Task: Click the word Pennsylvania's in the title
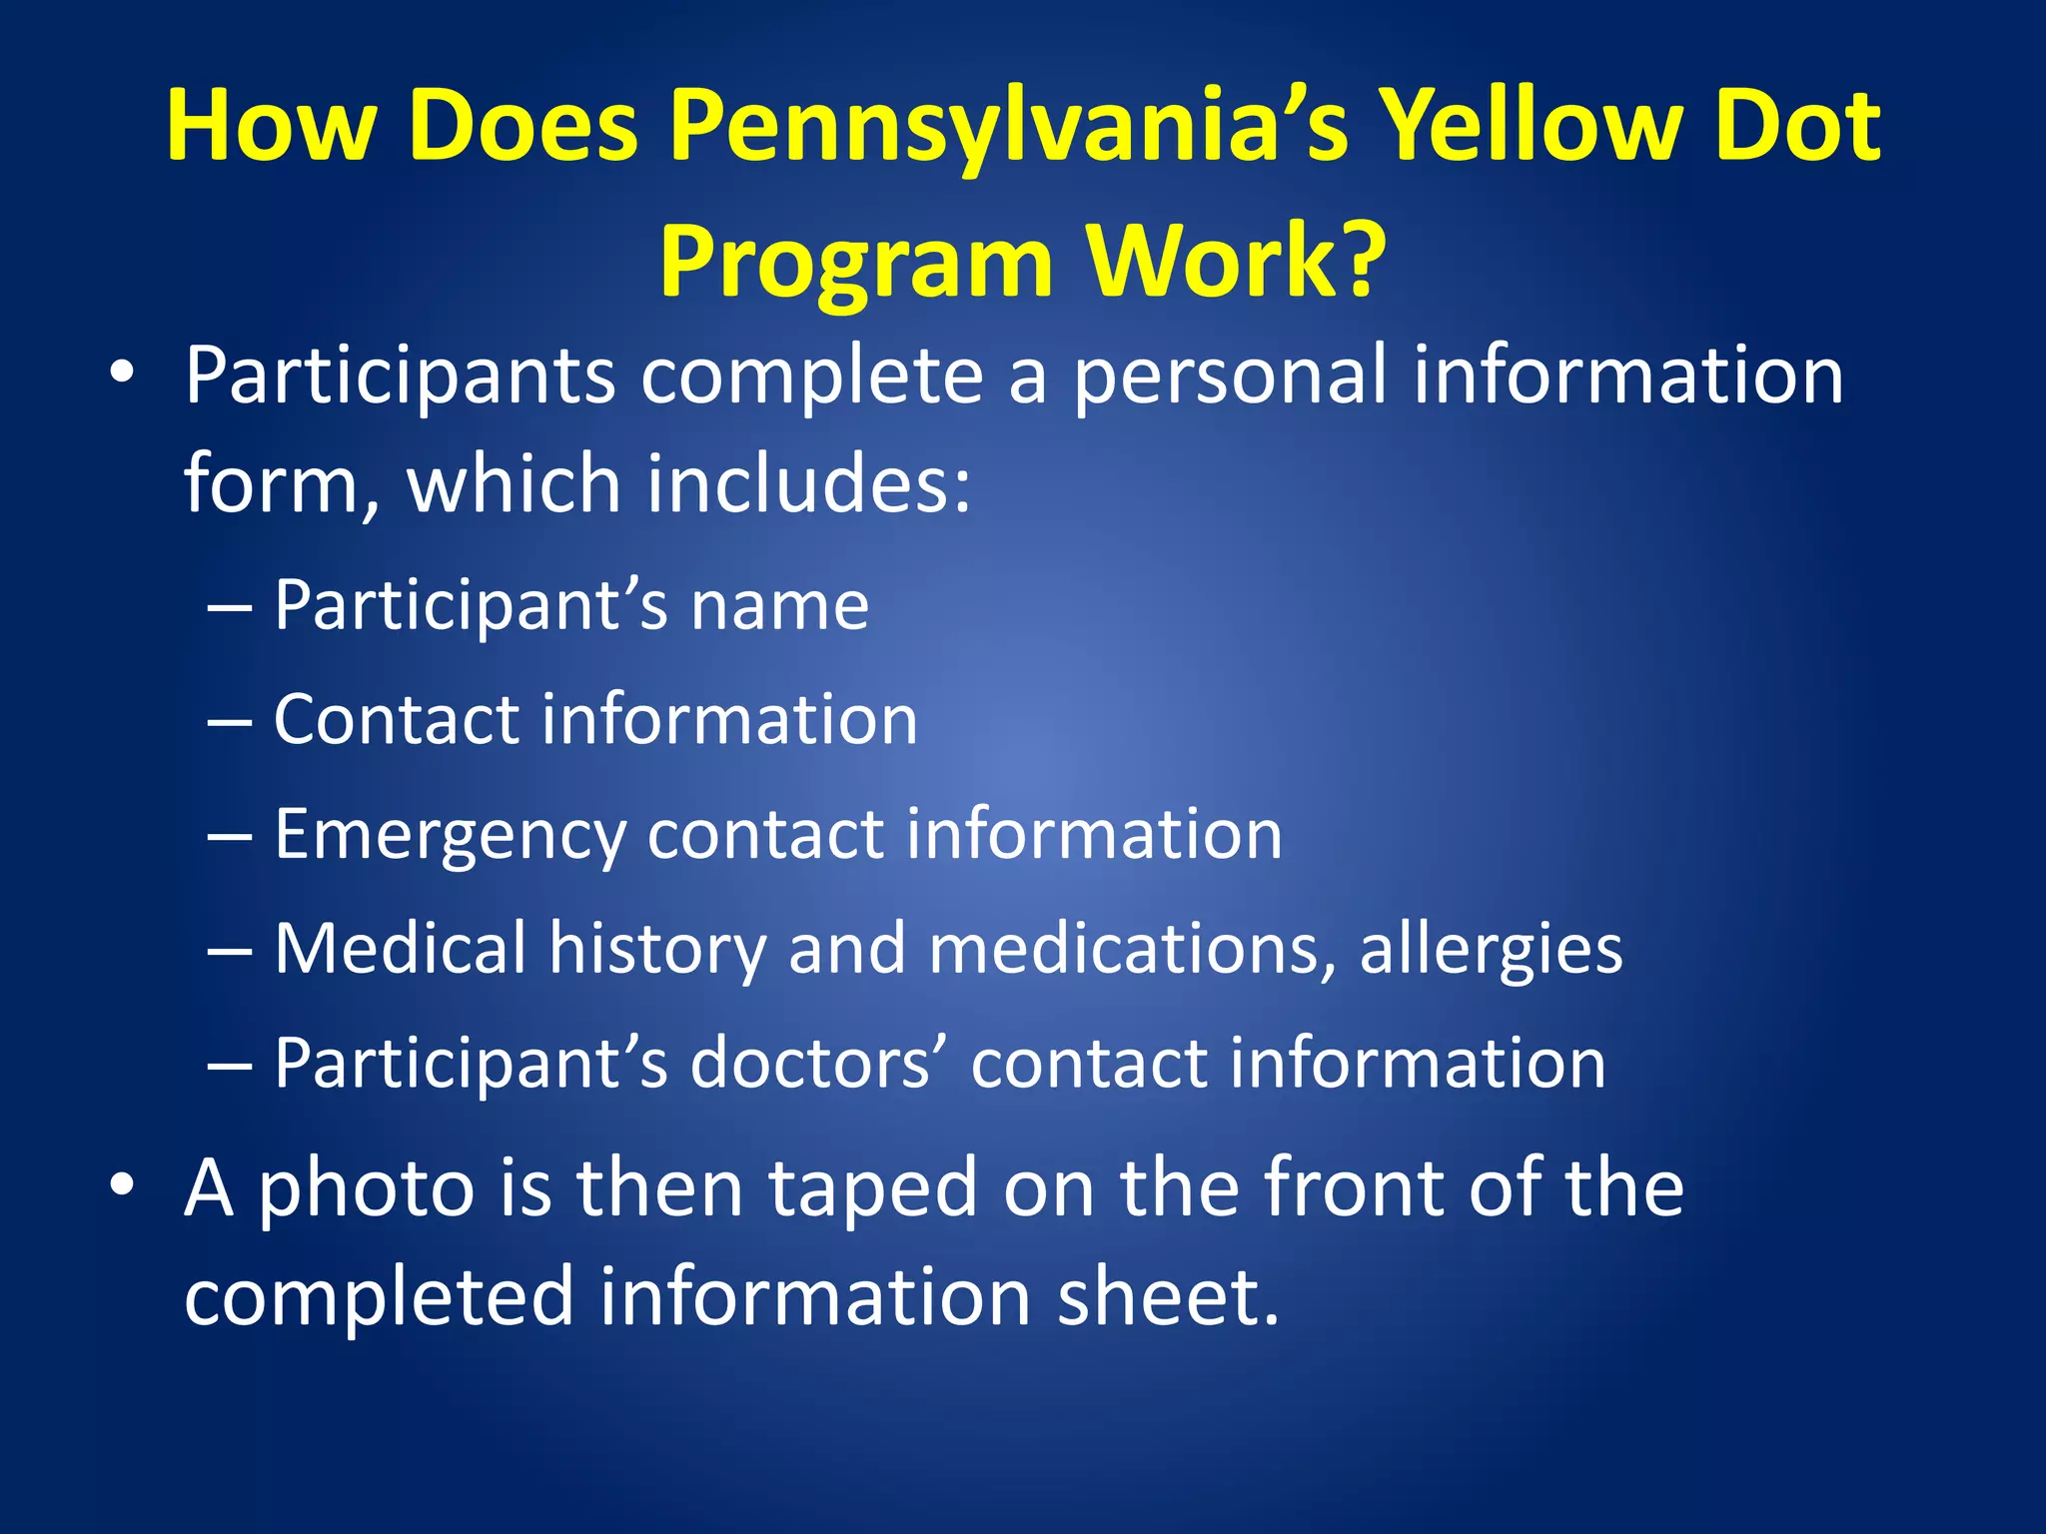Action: click(x=1009, y=127)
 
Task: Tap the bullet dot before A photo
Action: click(x=122, y=1185)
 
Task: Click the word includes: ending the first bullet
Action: click(x=808, y=483)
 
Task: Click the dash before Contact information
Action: click(x=229, y=721)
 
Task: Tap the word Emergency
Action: click(x=449, y=835)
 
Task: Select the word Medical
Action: click(x=400, y=948)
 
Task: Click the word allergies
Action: click(x=1491, y=949)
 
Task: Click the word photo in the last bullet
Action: click(x=366, y=1188)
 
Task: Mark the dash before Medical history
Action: click(x=229, y=950)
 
